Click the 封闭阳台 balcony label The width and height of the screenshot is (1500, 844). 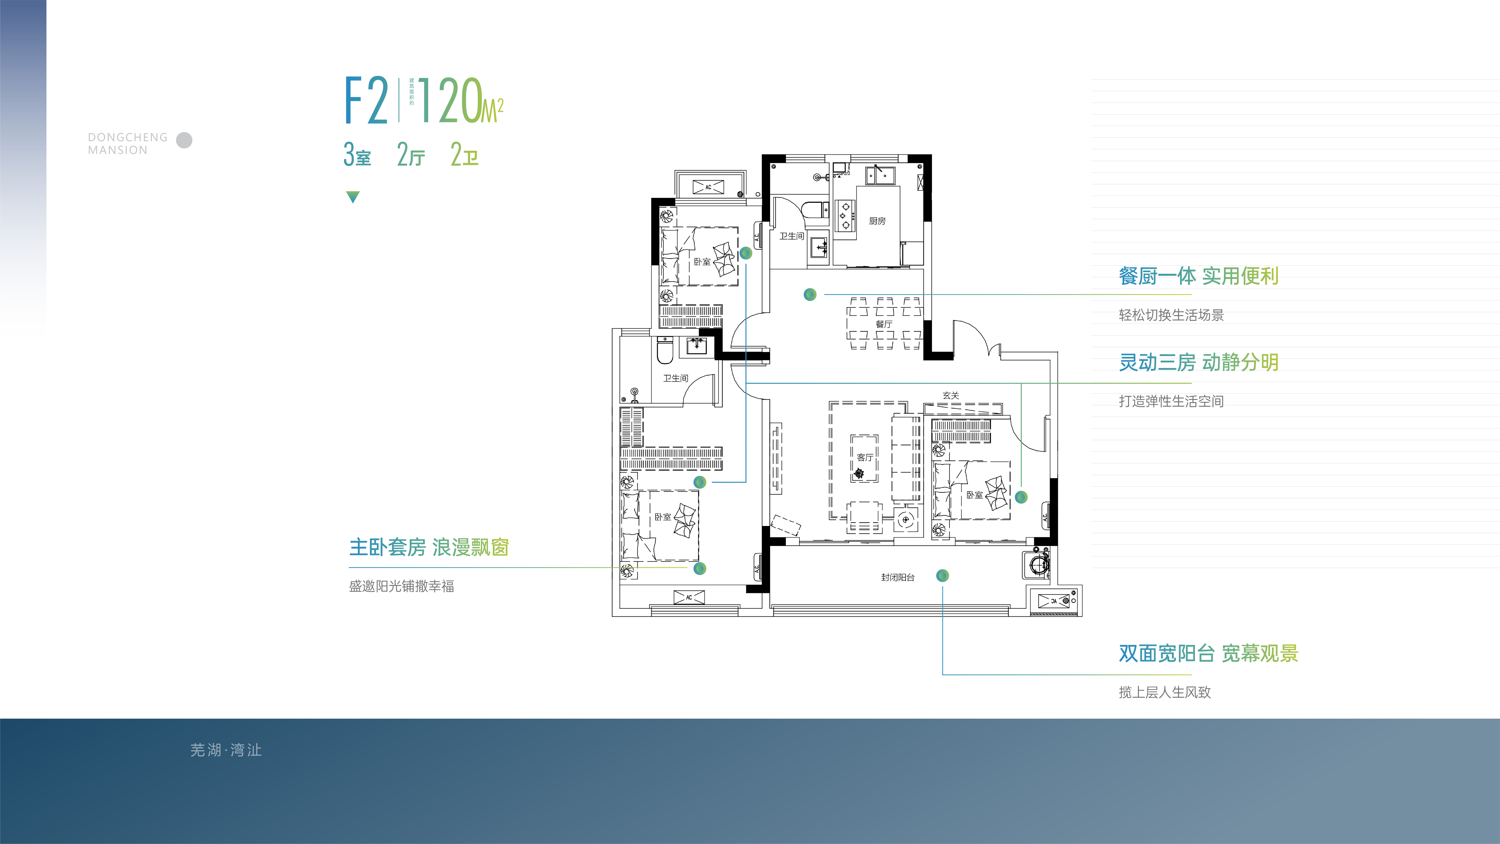[x=897, y=577]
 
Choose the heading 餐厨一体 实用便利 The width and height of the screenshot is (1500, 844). [x=1198, y=276]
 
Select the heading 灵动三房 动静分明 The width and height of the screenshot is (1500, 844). [x=1198, y=362]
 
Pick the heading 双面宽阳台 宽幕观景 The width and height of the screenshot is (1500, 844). [x=1208, y=653]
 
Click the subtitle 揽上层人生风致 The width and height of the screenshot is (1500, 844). [x=1165, y=692]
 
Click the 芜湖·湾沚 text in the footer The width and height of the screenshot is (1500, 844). [x=226, y=750]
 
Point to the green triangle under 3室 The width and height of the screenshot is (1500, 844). [x=353, y=197]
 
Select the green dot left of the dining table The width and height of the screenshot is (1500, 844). [x=810, y=295]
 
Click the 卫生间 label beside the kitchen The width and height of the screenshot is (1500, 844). [x=791, y=236]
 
